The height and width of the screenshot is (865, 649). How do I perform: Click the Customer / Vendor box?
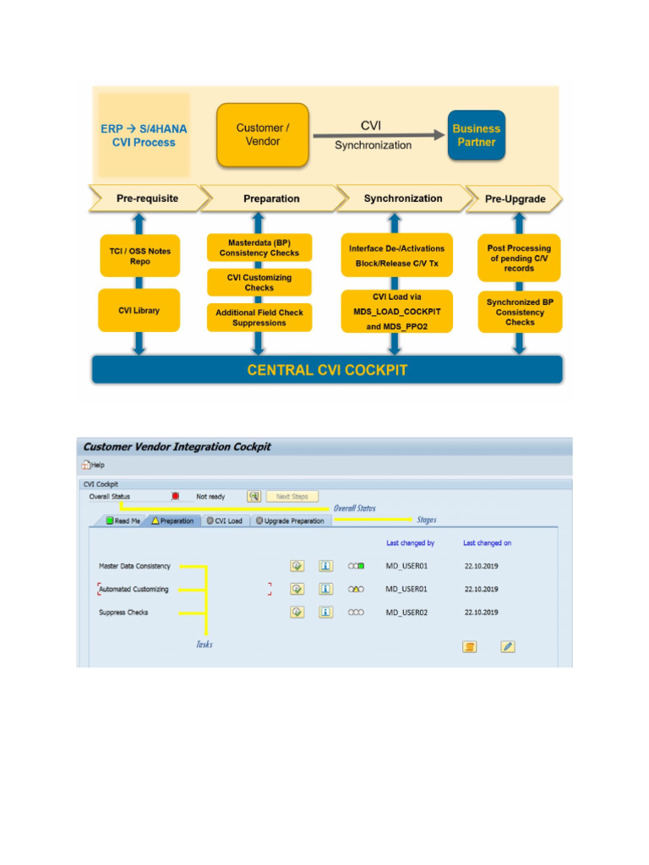(x=262, y=135)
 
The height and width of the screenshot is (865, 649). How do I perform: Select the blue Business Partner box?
(x=476, y=135)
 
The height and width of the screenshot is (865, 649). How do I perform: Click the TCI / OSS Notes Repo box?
(x=139, y=255)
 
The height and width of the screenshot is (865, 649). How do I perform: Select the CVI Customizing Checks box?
(x=259, y=282)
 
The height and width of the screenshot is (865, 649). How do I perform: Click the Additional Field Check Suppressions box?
(x=259, y=318)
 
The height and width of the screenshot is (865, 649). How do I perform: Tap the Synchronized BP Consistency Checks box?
(x=520, y=312)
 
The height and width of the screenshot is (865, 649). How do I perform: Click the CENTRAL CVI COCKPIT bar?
(x=326, y=370)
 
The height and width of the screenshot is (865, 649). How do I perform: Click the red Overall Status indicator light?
(x=176, y=497)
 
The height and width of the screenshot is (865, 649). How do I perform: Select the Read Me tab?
(x=123, y=521)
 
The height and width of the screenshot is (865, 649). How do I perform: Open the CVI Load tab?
(x=224, y=521)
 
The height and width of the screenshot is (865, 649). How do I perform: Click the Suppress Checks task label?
(x=123, y=612)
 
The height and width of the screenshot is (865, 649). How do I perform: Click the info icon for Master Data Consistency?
(x=325, y=566)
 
